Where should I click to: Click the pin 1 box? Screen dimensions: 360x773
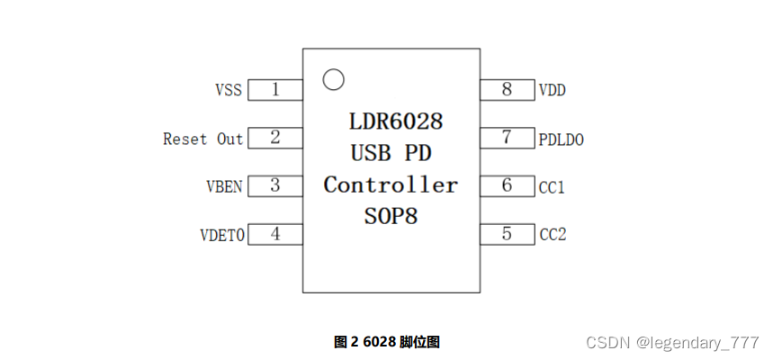pyautogui.click(x=274, y=90)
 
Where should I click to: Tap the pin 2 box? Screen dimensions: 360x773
pyautogui.click(x=274, y=138)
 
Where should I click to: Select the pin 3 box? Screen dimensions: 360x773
pyautogui.click(x=274, y=186)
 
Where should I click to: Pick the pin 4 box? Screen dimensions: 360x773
pyautogui.click(x=274, y=234)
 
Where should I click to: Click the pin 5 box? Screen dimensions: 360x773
pyautogui.click(x=508, y=234)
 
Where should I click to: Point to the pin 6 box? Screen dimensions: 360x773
pyautogui.click(x=508, y=186)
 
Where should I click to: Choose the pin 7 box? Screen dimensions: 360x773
pyautogui.click(x=508, y=138)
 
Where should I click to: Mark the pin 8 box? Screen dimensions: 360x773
pyautogui.click(x=508, y=90)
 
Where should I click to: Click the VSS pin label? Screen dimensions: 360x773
pyautogui.click(x=229, y=91)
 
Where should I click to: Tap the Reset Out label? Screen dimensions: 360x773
pyautogui.click(x=202, y=139)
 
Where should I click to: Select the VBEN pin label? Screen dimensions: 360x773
pyautogui.click(x=224, y=187)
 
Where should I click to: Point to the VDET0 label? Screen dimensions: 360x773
pyautogui.click(x=221, y=236)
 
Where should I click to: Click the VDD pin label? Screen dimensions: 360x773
pyautogui.click(x=552, y=91)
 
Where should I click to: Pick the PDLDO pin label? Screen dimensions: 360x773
pyautogui.click(x=562, y=139)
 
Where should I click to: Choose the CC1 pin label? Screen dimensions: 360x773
pyautogui.click(x=552, y=187)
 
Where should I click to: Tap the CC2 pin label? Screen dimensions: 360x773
pyautogui.click(x=552, y=235)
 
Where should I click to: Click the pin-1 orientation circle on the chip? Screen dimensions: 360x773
pyautogui.click(x=333, y=79)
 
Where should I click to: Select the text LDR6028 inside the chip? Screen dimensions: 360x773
pyautogui.click(x=396, y=121)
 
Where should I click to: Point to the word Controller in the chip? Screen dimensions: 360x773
pyautogui.click(x=391, y=184)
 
